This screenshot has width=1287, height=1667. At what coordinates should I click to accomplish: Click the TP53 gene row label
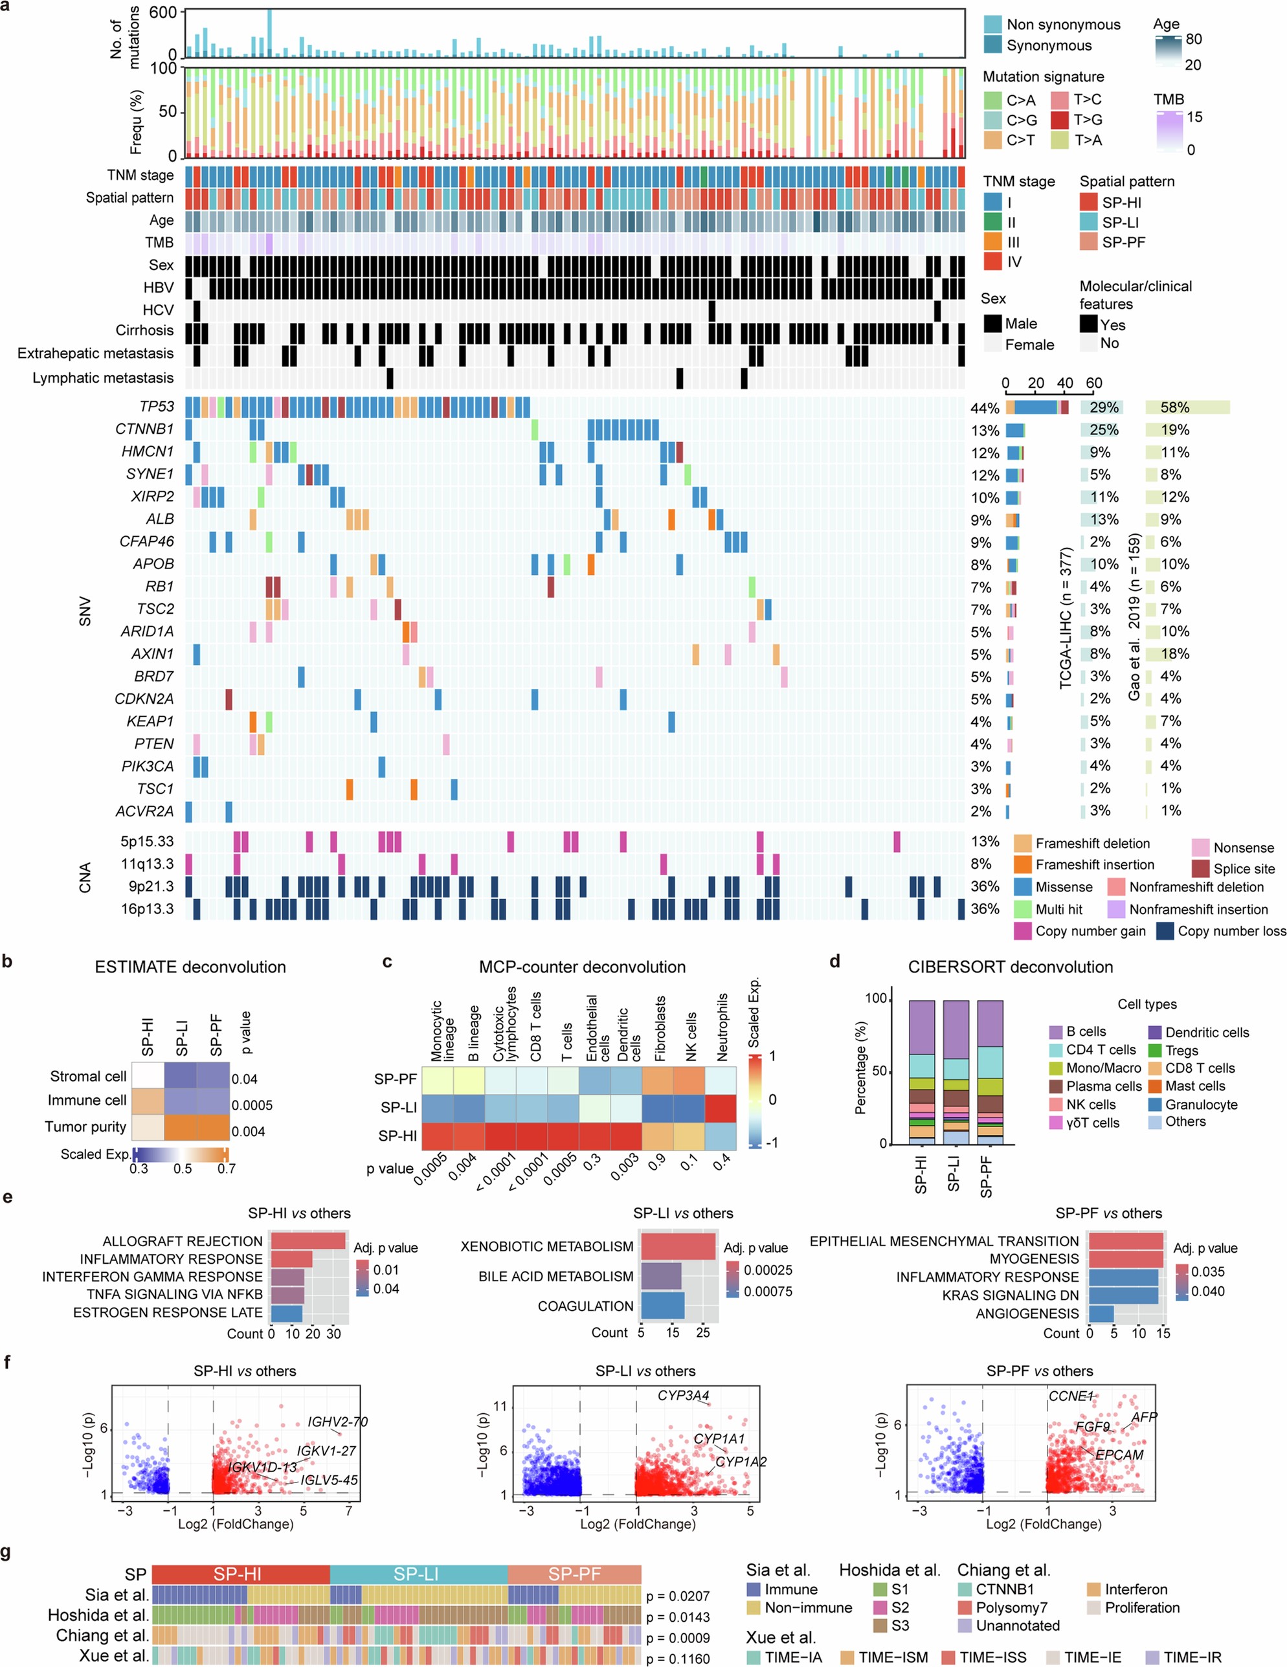click(156, 407)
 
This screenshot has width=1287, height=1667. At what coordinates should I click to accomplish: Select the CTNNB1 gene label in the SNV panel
click(144, 429)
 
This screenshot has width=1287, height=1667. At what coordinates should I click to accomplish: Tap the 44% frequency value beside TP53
click(985, 408)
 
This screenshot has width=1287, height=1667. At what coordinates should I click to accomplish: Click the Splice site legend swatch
click(1200, 869)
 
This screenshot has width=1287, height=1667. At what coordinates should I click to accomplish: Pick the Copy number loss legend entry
click(1164, 930)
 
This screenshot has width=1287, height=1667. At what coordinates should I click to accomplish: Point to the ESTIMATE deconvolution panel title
click(190, 967)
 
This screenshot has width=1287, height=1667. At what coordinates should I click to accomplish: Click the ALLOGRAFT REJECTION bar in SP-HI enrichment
click(308, 1241)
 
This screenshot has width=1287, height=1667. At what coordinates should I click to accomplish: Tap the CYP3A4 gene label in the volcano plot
click(683, 1395)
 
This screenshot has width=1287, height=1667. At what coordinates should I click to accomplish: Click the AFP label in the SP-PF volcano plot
click(1143, 1417)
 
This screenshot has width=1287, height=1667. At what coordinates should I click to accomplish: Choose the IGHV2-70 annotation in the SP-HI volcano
click(337, 1422)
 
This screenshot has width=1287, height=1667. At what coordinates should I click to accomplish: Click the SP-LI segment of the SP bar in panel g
click(418, 1574)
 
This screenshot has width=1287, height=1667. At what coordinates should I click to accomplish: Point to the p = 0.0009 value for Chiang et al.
click(677, 1638)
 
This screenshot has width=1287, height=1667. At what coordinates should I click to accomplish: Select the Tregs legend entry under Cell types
click(1181, 1050)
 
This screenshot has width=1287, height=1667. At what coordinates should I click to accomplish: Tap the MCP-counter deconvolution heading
click(581, 967)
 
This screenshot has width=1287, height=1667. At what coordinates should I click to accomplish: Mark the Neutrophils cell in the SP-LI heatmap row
click(720, 1108)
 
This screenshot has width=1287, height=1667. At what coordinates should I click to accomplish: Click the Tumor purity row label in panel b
click(85, 1126)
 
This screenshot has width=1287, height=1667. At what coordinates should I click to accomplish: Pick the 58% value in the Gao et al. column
click(1175, 408)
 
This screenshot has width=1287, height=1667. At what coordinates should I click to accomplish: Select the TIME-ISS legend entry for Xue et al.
click(992, 1657)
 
